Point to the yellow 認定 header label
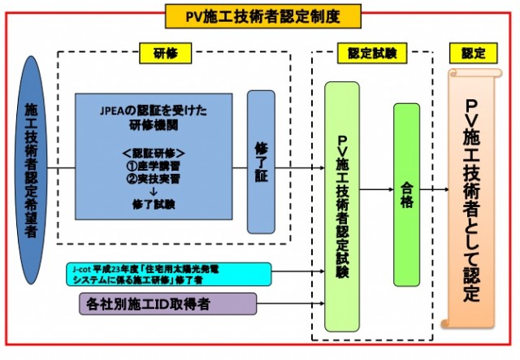pos(472,53)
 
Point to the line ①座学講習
pos(154,165)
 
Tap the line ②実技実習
pos(154,178)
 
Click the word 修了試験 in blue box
pos(154,205)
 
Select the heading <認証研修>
pos(154,152)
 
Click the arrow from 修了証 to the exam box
pos(301,170)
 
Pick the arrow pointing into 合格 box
pos(377,191)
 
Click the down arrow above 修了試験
pos(154,192)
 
